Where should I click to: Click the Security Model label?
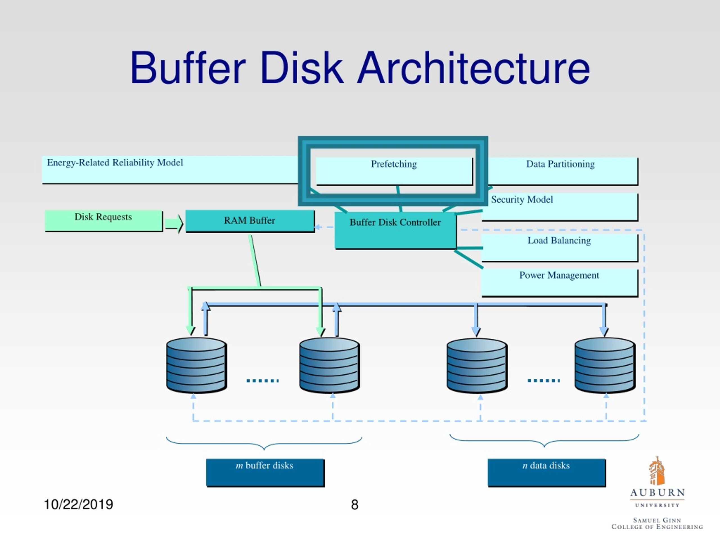click(522, 199)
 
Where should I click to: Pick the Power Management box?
click(559, 282)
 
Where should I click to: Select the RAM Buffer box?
click(250, 221)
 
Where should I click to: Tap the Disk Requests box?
click(103, 221)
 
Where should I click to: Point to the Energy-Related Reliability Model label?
click(115, 163)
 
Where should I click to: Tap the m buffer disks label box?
click(265, 472)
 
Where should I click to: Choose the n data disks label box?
click(546, 472)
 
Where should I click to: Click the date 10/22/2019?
click(78, 505)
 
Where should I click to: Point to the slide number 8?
click(354, 505)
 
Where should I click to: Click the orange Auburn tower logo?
click(656, 471)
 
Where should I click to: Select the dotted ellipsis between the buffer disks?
click(262, 380)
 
